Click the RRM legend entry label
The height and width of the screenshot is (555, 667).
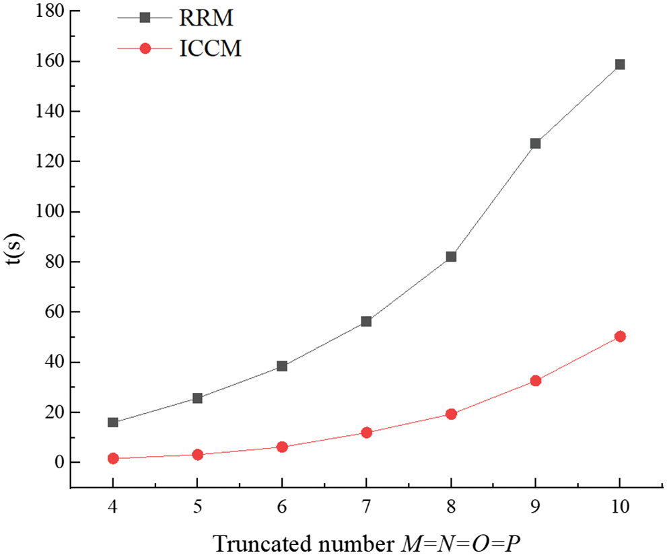(x=207, y=18)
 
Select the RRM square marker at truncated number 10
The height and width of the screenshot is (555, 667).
(x=620, y=65)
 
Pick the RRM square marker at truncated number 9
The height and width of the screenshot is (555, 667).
(x=536, y=143)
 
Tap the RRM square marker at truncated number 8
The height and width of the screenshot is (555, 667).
(x=451, y=256)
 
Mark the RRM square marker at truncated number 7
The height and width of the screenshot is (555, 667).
(x=366, y=322)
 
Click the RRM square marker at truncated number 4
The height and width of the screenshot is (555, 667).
(x=113, y=422)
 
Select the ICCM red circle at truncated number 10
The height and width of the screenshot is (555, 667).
(x=620, y=336)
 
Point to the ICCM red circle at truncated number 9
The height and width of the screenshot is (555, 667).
(x=536, y=381)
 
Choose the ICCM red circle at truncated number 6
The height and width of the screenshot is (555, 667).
(x=282, y=447)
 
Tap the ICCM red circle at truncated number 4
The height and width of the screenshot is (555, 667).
(x=113, y=458)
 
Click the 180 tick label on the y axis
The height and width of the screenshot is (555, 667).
(x=50, y=11)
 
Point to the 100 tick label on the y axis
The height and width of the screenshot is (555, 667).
(x=50, y=212)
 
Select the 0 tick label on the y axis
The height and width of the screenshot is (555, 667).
(x=59, y=463)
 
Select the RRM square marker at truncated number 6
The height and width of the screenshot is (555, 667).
(x=282, y=366)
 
